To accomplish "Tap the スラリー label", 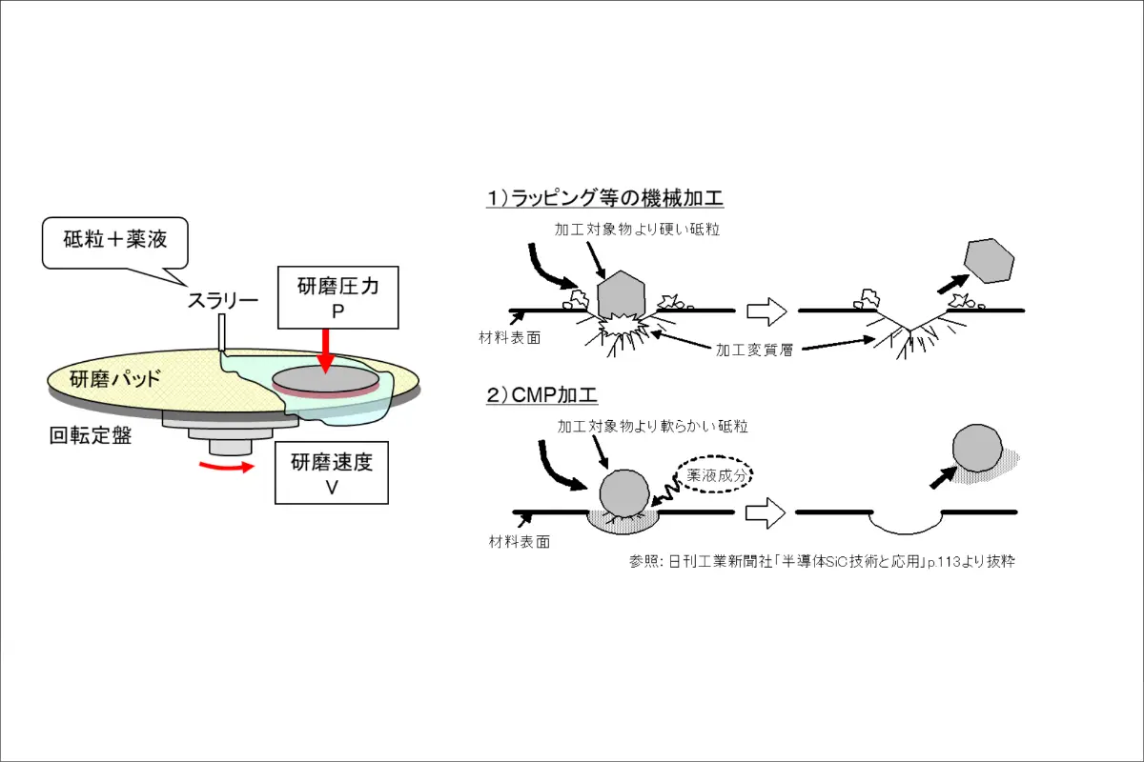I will (x=221, y=301).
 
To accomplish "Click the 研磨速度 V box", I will (x=332, y=473).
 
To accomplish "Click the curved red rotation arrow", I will (x=227, y=467).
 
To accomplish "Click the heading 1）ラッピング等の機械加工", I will (x=605, y=198).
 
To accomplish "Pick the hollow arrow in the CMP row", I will (x=766, y=513).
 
